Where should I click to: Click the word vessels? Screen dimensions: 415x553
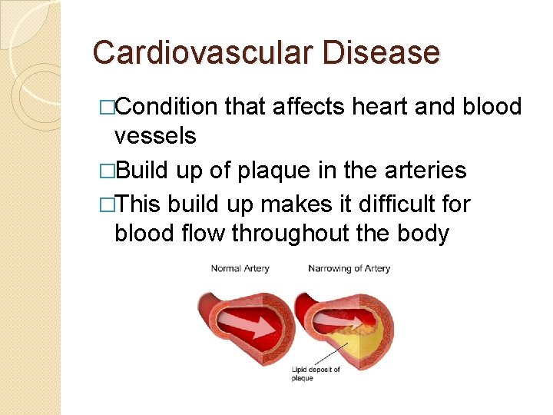155,136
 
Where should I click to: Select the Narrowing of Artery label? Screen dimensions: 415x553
349,268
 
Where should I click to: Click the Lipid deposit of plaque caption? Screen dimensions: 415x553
316,373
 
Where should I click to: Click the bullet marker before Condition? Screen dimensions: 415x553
108,108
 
